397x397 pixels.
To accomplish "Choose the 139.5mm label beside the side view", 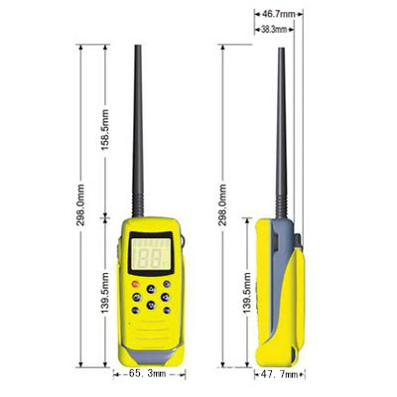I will [245, 295].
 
